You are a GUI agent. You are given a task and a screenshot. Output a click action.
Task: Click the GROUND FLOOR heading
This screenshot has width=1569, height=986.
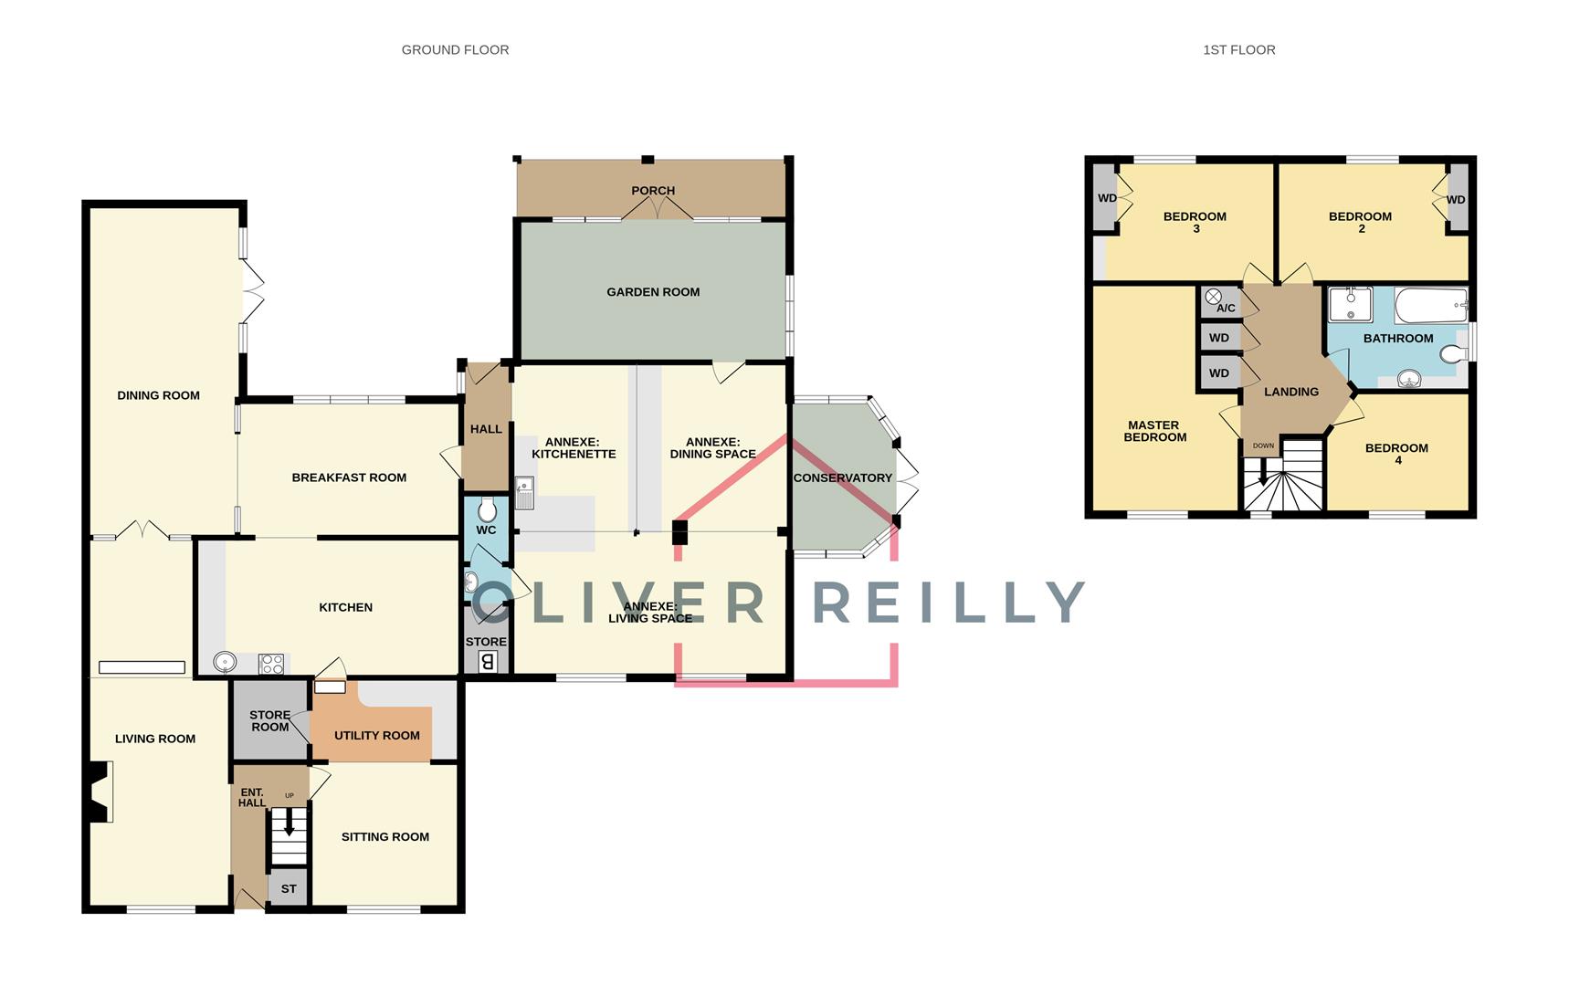455,50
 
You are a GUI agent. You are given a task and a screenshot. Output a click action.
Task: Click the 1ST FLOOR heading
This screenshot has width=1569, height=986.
1238,50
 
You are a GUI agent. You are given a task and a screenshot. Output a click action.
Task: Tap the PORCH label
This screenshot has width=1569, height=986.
653,191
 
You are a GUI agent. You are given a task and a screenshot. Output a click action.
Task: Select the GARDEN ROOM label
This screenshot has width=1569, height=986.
653,292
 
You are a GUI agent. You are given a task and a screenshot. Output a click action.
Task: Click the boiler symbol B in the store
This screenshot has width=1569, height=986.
488,662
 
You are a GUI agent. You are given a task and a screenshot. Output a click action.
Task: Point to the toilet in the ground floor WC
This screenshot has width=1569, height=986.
487,509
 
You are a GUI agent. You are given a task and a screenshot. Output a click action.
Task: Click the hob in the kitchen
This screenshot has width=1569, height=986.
272,664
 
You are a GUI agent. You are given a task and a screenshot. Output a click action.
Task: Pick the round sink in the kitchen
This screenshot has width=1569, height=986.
225,662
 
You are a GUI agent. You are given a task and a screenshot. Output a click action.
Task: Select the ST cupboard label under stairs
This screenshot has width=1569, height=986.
289,889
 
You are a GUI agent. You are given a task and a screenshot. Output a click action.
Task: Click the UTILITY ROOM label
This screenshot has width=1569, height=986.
377,736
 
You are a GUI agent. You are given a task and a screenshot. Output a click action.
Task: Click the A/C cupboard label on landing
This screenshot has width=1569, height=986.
1226,308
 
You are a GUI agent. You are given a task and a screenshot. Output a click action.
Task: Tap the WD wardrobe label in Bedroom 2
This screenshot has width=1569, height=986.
1456,200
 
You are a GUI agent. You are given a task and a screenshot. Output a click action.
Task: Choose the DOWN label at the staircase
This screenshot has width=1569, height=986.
1263,446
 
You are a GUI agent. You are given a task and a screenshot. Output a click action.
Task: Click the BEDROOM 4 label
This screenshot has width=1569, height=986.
1396,454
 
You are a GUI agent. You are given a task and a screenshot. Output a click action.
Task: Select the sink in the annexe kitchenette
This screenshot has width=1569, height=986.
524,492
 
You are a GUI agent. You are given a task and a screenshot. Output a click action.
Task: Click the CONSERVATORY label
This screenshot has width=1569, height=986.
842,478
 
